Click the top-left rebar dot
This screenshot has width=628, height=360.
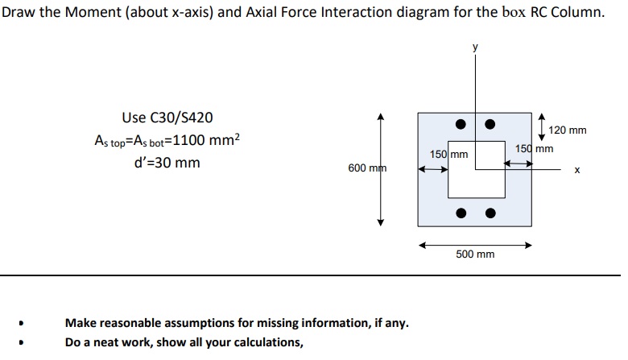[460, 124]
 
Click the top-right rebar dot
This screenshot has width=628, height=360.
[490, 124]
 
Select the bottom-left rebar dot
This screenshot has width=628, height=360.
[460, 213]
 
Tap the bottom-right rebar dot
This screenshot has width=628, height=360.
[490, 213]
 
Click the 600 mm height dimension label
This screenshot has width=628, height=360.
[367, 168]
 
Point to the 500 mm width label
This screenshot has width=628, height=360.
[475, 254]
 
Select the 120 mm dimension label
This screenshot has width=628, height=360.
[567, 130]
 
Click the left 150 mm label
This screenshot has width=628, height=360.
[448, 154]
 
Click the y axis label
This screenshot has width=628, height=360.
[476, 48]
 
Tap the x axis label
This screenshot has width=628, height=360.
[576, 171]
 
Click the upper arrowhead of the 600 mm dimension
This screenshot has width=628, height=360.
[381, 118]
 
